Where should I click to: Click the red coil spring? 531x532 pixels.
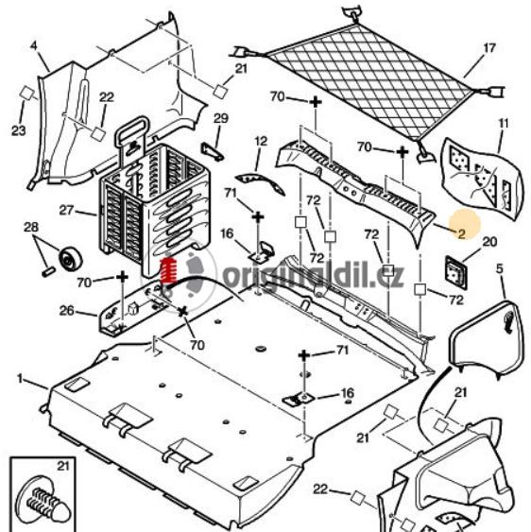[x=169, y=271]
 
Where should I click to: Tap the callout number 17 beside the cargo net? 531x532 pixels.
[x=488, y=48]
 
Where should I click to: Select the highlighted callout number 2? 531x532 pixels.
[x=461, y=233]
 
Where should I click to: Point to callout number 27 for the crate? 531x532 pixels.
[x=66, y=211]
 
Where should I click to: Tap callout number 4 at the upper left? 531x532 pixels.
[x=34, y=45]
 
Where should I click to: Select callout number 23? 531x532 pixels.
[x=18, y=130]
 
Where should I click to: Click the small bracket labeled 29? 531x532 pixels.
[x=213, y=151]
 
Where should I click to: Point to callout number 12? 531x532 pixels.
[x=261, y=141]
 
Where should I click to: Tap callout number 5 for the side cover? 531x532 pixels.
[x=499, y=269]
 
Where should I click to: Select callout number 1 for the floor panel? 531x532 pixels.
[x=20, y=378]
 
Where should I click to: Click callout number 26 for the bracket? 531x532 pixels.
[x=66, y=311]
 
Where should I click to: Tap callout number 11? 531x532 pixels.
[x=504, y=123]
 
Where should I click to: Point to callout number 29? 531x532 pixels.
[x=221, y=118]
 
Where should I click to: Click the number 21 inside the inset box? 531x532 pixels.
[x=62, y=466]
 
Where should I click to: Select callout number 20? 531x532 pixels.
[x=489, y=242]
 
